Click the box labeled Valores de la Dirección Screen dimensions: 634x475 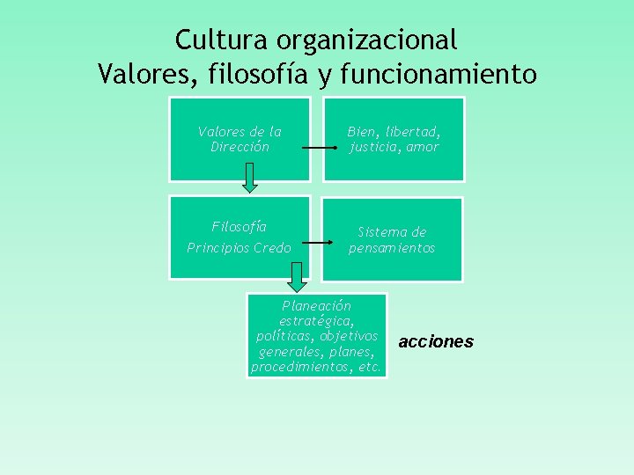click(240, 139)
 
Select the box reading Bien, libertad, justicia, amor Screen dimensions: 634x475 click(393, 139)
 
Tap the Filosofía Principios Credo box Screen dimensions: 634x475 click(240, 237)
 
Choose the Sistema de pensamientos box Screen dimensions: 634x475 click(393, 239)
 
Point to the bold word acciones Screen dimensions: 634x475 click(436, 341)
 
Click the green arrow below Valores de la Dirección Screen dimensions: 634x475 click(250, 177)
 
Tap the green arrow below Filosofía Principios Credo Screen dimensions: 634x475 click(298, 277)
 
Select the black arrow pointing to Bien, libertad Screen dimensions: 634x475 click(318, 149)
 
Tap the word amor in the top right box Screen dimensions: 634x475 click(423, 147)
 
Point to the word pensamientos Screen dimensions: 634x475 click(392, 248)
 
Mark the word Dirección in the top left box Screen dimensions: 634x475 click(240, 147)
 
